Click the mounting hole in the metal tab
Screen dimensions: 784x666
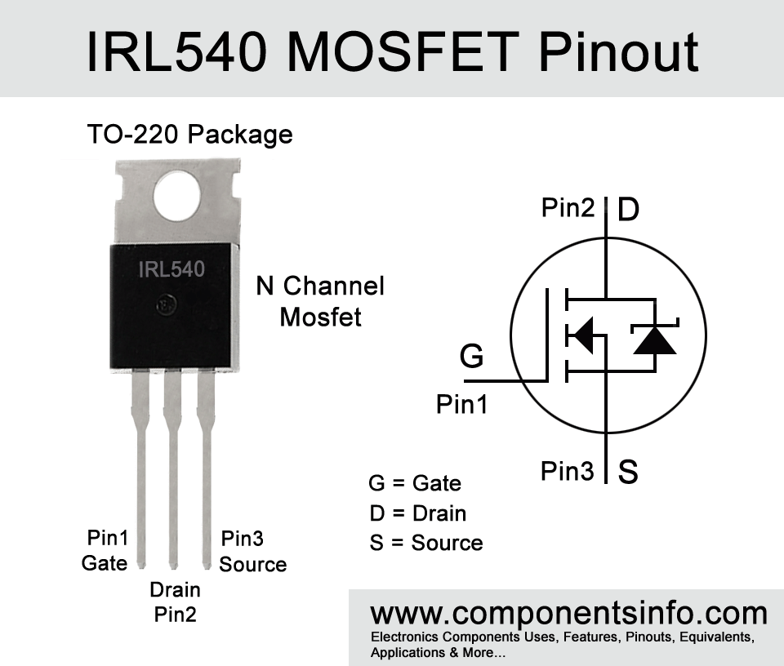177,195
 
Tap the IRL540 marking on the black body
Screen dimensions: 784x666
171,269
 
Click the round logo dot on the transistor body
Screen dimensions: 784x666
167,304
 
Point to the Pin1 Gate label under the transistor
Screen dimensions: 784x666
105,551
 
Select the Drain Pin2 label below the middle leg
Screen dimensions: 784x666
175,602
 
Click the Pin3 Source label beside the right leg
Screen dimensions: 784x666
253,551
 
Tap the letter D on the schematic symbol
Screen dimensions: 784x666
629,209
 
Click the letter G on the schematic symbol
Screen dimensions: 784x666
471,356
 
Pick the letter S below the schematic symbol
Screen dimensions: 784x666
628,471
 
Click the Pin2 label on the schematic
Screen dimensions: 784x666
568,206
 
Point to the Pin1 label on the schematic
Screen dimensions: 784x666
462,404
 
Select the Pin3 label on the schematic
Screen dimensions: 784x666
568,471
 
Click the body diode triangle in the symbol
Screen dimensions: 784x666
655,340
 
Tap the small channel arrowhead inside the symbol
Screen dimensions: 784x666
581,335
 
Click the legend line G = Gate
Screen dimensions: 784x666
415,483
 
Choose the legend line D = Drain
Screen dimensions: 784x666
418,513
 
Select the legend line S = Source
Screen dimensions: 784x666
426,543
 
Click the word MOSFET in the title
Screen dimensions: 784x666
403,52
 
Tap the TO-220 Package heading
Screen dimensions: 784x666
190,135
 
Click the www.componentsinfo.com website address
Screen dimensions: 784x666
569,613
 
